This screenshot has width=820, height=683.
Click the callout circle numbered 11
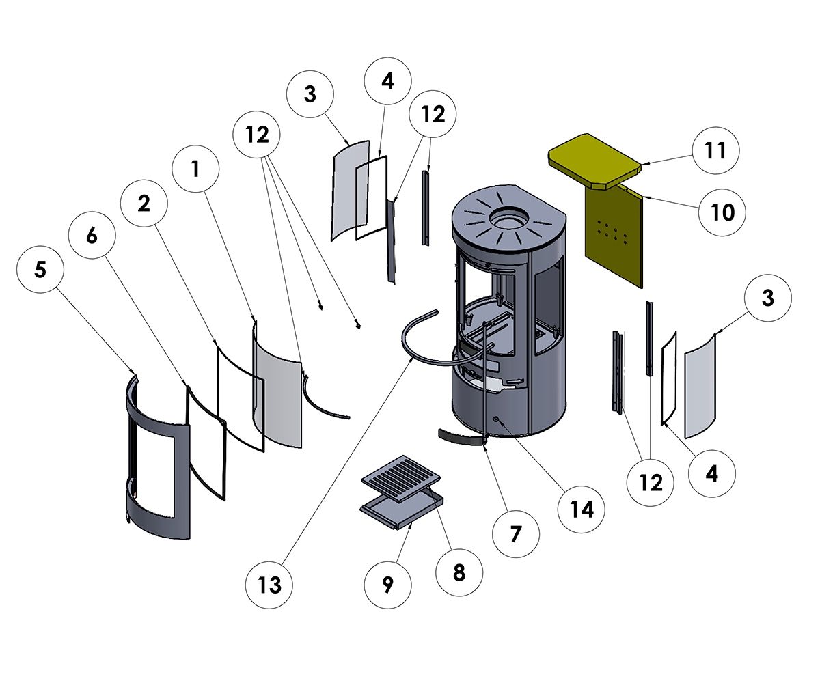[x=715, y=150]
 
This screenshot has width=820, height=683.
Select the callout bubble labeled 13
[x=271, y=585]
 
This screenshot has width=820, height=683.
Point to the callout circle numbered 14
[x=582, y=509]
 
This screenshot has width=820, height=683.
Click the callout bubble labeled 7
[x=516, y=533]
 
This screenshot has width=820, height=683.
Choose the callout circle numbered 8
[x=459, y=572]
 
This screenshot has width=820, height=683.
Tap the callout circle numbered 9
[x=388, y=585]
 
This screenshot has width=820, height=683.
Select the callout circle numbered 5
[x=40, y=270]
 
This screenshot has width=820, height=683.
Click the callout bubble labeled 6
[x=92, y=236]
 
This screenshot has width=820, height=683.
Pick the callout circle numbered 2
[x=143, y=204]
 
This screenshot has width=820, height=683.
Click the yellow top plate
[x=593, y=159]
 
